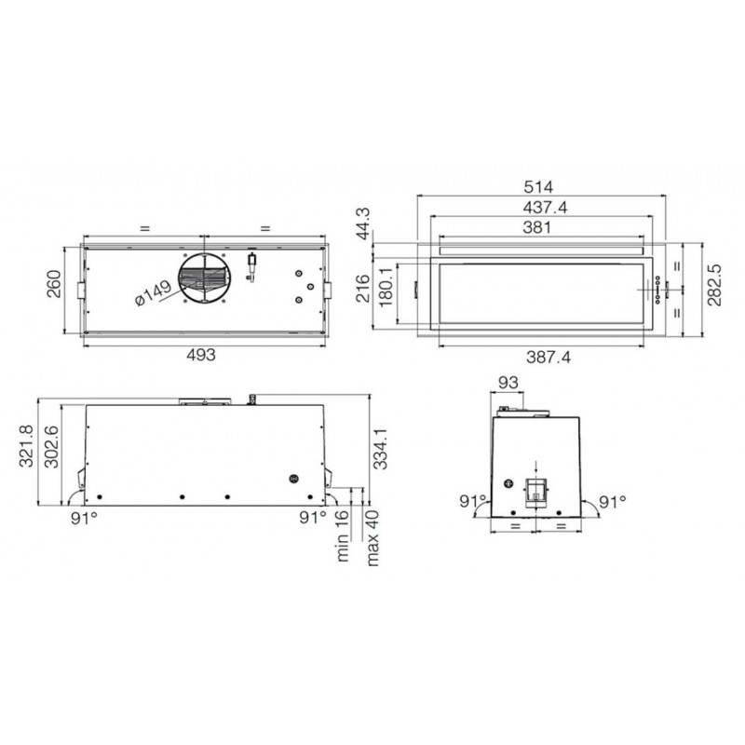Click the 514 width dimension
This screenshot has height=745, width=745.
pos(538,187)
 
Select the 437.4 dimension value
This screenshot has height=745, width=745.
pos(545,208)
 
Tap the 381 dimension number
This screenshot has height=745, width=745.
pos(537,227)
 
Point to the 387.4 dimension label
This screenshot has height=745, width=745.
pos(549,357)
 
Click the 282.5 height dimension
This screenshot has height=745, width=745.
pos(713,285)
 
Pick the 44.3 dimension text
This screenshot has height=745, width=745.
pos(363,223)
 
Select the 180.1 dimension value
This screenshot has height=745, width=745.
pos(386,287)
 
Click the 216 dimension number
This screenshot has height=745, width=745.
pos(362,289)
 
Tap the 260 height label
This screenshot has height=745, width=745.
pos(54,284)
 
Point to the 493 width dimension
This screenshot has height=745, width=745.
pos(200,355)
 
